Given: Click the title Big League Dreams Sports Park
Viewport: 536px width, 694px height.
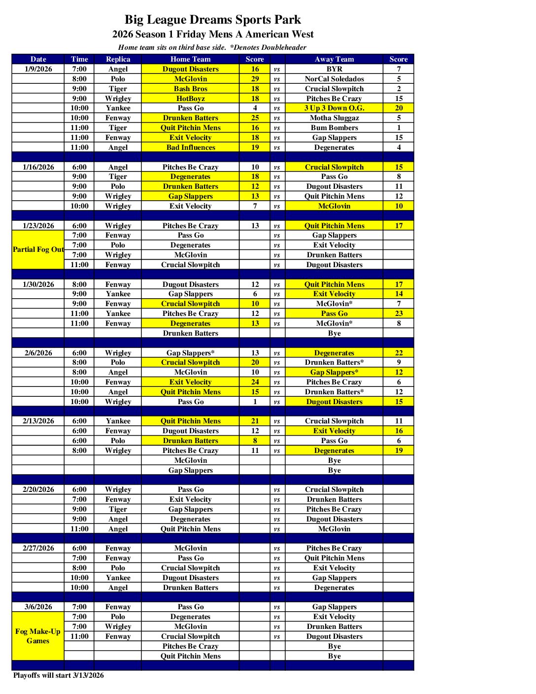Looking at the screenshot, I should click(212, 20).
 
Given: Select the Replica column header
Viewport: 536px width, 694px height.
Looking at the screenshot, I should click(118, 59).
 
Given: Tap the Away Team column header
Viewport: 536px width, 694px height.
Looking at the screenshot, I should click(334, 59).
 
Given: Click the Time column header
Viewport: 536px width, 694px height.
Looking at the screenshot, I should click(79, 59).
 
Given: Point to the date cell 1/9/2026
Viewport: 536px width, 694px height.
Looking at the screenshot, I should click(38, 69).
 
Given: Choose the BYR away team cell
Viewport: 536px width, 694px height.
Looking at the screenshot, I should click(334, 69).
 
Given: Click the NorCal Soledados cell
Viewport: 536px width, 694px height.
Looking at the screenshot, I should click(334, 79).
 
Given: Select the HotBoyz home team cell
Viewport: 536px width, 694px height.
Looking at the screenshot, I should click(191, 99).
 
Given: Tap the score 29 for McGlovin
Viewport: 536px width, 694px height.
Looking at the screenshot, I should click(255, 79).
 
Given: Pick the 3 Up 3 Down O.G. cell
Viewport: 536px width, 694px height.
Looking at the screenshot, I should click(334, 108).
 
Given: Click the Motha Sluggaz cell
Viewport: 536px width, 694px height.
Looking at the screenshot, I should click(334, 118).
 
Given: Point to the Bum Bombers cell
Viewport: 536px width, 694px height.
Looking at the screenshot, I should click(334, 128).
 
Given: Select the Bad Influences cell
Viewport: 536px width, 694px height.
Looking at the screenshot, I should click(191, 147).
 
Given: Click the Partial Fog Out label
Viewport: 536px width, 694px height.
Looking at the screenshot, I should click(38, 249).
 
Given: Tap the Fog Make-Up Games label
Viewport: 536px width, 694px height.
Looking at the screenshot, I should click(38, 636).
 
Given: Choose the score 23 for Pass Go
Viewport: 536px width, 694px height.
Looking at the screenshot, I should click(399, 313).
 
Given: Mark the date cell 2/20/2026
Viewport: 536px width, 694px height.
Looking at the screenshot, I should click(38, 489).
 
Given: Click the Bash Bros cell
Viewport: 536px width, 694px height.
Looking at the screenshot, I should click(191, 89).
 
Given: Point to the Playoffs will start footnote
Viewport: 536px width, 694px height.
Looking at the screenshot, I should click(59, 675).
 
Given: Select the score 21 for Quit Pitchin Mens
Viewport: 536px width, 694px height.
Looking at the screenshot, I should click(255, 421).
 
